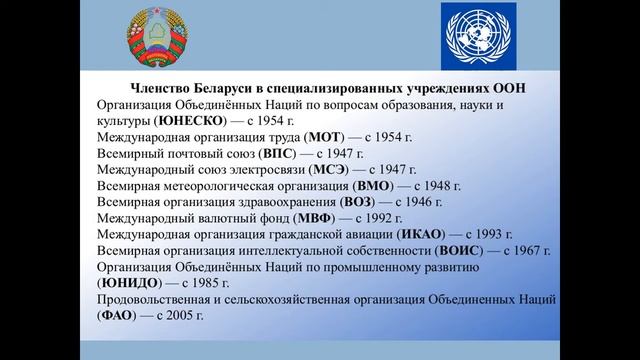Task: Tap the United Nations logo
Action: (478, 38)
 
